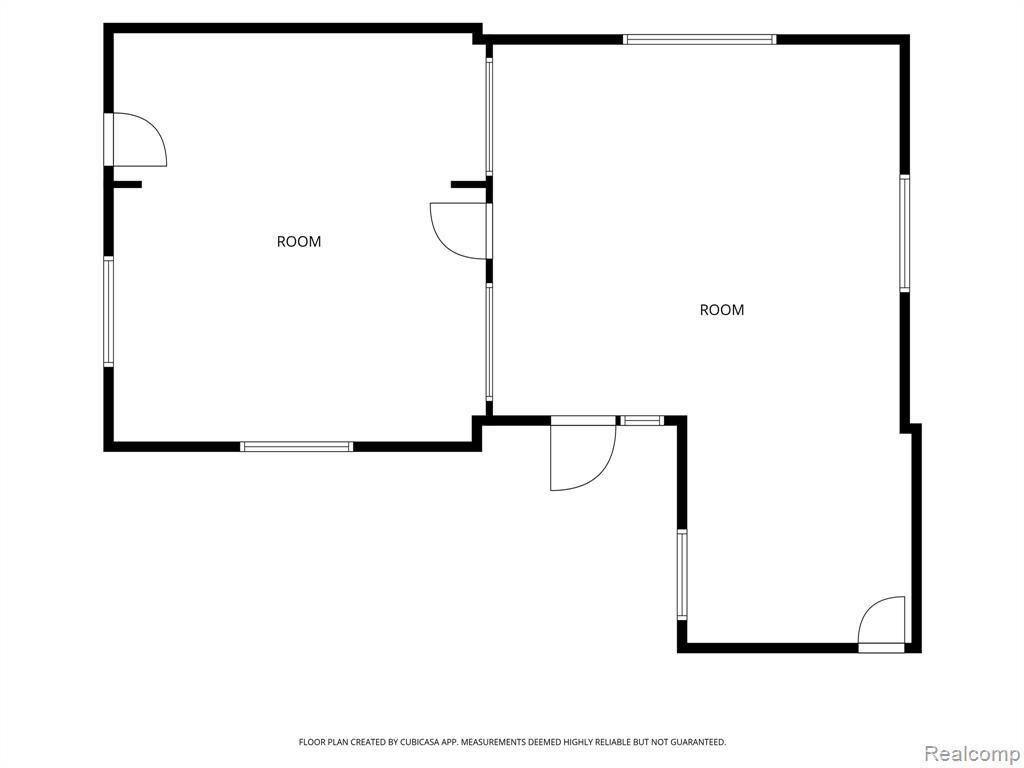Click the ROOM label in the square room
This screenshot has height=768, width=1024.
(x=299, y=242)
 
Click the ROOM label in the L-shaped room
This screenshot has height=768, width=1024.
(x=722, y=310)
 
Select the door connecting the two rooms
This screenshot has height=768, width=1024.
(x=459, y=231)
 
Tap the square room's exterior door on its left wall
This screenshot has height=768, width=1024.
(x=135, y=140)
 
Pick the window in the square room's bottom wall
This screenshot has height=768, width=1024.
(x=296, y=447)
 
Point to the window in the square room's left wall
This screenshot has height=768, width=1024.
(x=108, y=311)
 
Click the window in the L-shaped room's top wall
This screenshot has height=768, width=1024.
(x=699, y=39)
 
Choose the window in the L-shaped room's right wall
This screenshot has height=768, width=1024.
(x=904, y=233)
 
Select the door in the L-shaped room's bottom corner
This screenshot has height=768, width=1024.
(x=882, y=625)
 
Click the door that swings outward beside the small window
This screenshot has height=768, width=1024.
(x=583, y=453)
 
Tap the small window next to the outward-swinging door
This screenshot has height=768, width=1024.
(x=641, y=421)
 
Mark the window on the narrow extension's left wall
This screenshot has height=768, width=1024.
(x=682, y=574)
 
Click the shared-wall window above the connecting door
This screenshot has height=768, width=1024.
(x=488, y=117)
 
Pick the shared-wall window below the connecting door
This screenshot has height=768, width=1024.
(x=488, y=342)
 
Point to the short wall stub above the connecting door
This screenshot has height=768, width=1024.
(x=468, y=185)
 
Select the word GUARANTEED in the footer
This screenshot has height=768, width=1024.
(x=702, y=742)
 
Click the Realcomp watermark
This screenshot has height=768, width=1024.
(x=972, y=754)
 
